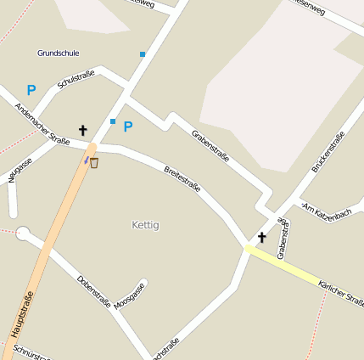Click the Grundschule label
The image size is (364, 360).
[59, 53]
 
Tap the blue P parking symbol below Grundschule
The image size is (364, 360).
[31, 89]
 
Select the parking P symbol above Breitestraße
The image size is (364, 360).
[128, 127]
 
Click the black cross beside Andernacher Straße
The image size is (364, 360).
[83, 130]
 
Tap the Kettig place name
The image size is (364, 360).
[146, 225]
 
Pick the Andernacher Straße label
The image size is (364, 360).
[42, 124]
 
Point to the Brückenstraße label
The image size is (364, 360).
[328, 153]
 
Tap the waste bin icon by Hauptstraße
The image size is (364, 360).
[93, 162]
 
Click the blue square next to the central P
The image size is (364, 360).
[112, 121]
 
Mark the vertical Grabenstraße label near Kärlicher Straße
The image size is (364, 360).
[282, 239]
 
